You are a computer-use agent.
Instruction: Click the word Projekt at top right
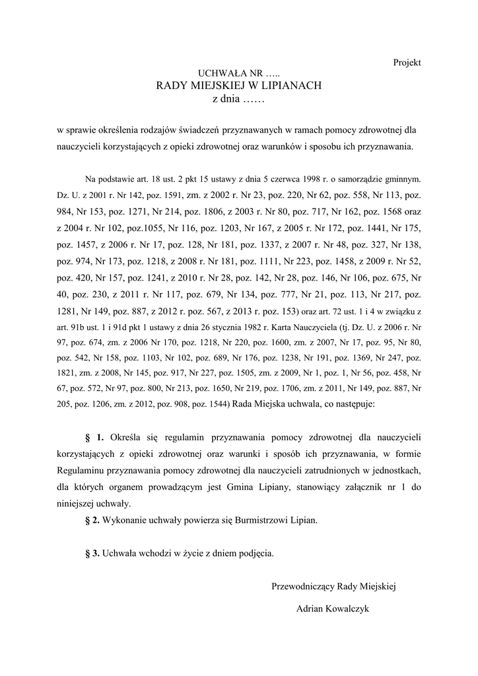pos(407,62)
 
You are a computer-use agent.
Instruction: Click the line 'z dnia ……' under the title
pos(238,99)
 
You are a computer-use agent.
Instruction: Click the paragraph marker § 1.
pos(95,437)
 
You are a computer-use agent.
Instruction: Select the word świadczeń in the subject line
pos(188,130)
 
